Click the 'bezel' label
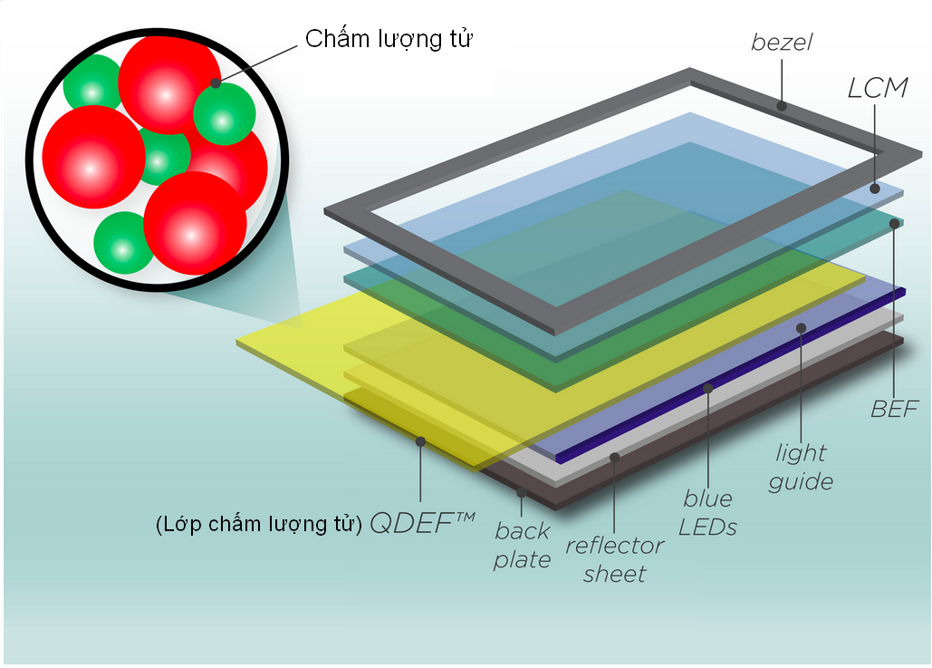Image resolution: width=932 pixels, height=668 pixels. click(782, 42)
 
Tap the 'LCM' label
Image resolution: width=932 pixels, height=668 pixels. click(878, 88)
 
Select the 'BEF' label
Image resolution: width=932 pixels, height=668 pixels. click(895, 410)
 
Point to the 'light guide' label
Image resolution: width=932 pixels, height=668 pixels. click(801, 468)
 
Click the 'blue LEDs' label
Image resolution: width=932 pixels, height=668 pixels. click(707, 513)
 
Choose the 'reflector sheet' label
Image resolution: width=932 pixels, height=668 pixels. click(615, 560)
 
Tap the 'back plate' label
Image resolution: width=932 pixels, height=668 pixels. click(522, 546)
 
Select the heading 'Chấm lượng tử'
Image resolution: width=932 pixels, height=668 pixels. click(389, 39)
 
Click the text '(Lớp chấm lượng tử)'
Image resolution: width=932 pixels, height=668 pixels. click(259, 525)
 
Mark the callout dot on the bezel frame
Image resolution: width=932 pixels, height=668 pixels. click(782, 106)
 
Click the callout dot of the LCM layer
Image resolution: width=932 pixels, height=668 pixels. click(874, 189)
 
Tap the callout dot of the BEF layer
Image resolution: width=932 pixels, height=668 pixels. click(894, 223)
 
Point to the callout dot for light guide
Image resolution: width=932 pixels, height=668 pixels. click(801, 328)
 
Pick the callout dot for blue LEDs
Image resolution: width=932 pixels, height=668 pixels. click(707, 389)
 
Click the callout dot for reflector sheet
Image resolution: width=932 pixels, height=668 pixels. click(615, 457)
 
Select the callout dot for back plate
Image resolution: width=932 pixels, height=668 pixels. click(522, 492)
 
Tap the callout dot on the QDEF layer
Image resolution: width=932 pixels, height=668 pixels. click(420, 441)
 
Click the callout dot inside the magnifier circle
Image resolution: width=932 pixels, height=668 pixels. click(216, 83)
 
